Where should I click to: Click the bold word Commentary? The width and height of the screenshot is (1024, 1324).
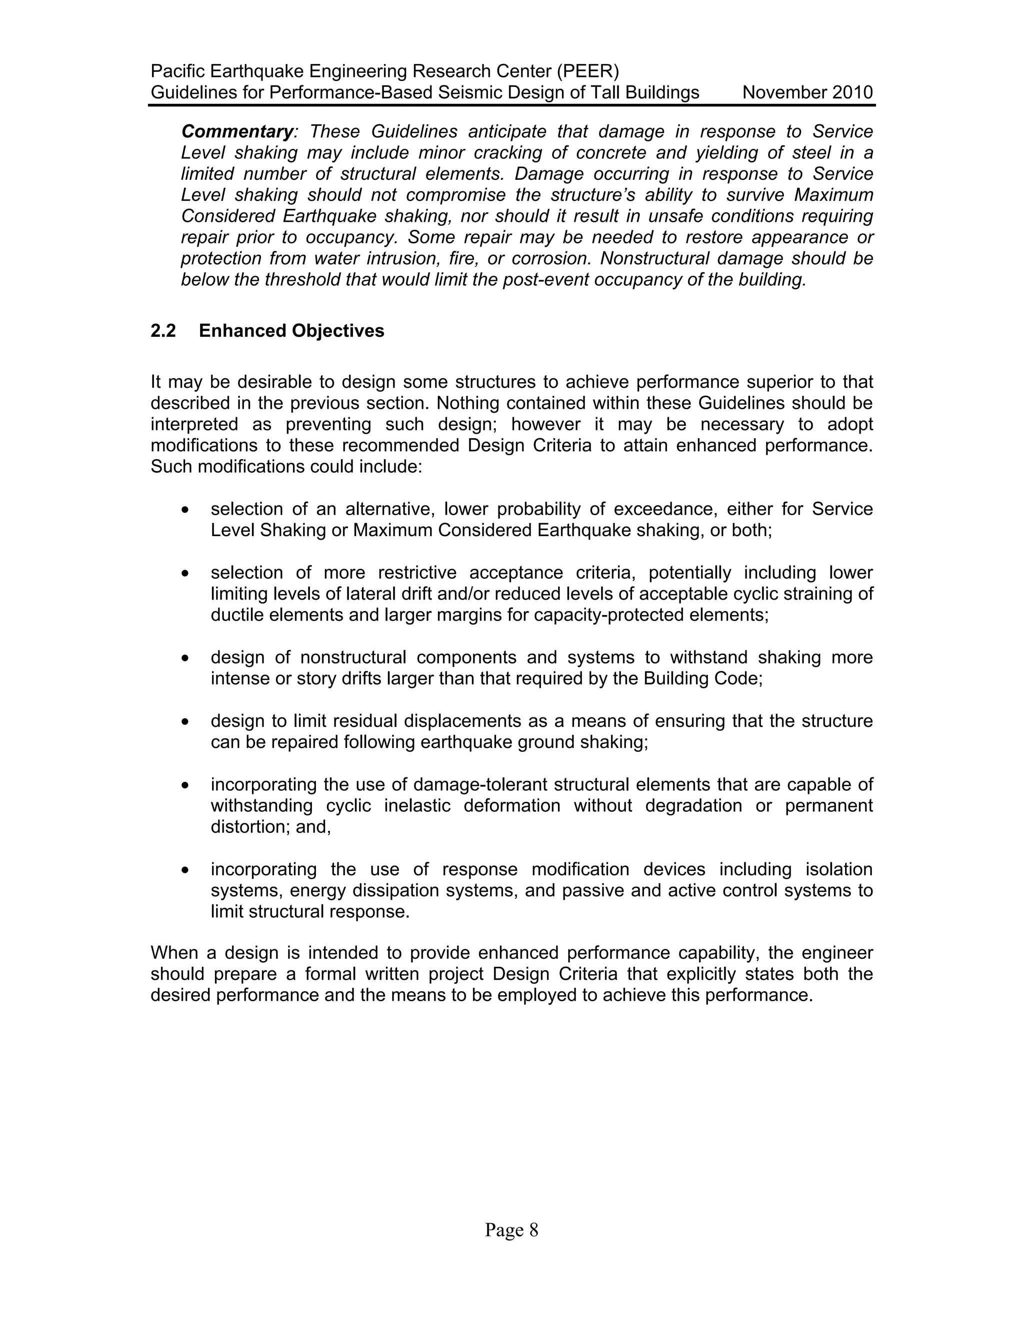point(237,131)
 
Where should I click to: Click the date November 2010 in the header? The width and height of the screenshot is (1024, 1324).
point(807,93)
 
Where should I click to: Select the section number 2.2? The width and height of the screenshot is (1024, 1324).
point(163,331)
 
